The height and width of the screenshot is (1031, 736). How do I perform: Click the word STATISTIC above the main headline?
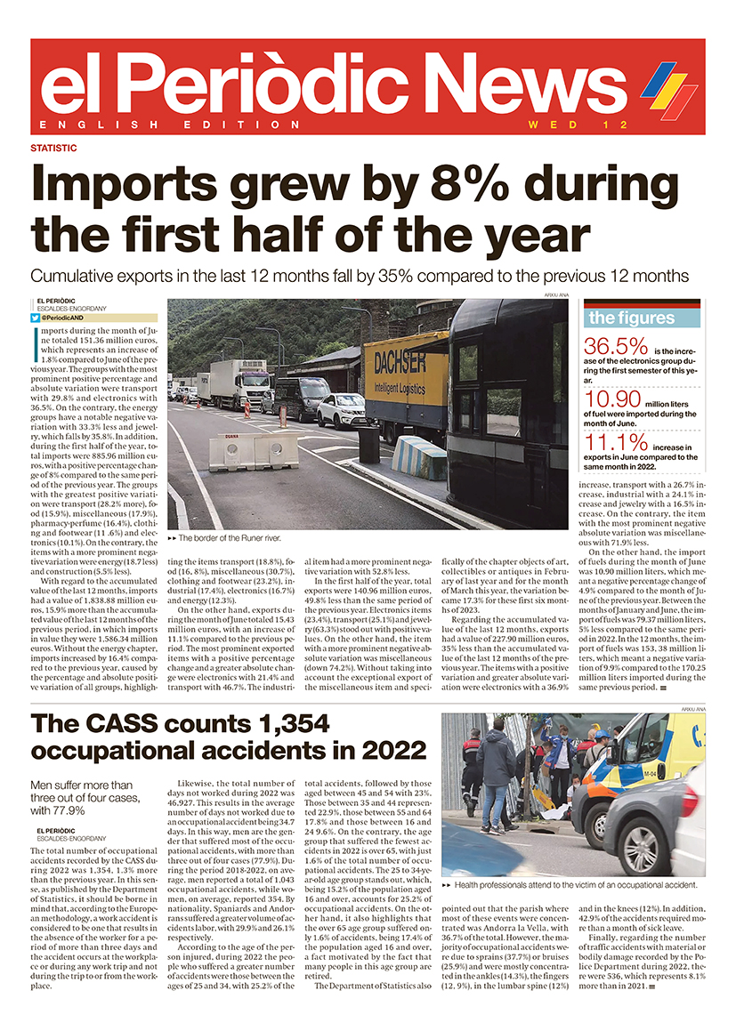click(53, 148)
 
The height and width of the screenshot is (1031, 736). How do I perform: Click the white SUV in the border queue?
click(341, 410)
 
